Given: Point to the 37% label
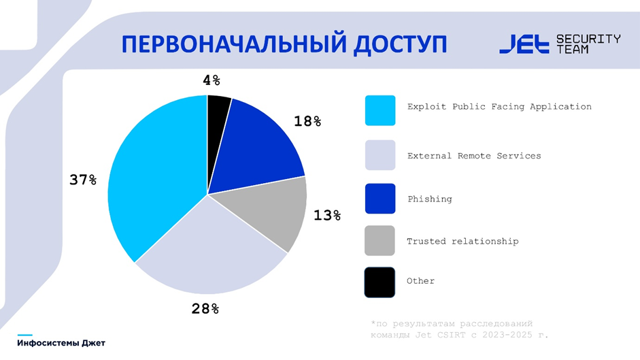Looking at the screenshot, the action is coord(83,180).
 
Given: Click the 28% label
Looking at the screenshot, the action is coord(205,308).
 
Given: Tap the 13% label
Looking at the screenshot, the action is coord(327,215).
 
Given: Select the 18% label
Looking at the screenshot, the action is coord(307,121).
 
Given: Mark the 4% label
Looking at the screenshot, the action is coord(212,80).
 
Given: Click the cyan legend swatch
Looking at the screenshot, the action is coord(380,110).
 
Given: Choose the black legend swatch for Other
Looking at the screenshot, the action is coord(380,282).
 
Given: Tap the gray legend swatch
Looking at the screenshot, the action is coord(380,241).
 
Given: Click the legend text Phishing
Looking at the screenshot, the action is coord(430,199).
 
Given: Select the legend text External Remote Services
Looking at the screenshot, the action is coord(474,156).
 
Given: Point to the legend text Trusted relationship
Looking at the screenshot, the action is coord(462,241).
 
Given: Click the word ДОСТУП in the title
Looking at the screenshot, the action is coord(400,44).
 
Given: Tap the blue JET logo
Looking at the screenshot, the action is coord(524,44).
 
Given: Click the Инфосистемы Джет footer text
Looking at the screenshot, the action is coord(61,343).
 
